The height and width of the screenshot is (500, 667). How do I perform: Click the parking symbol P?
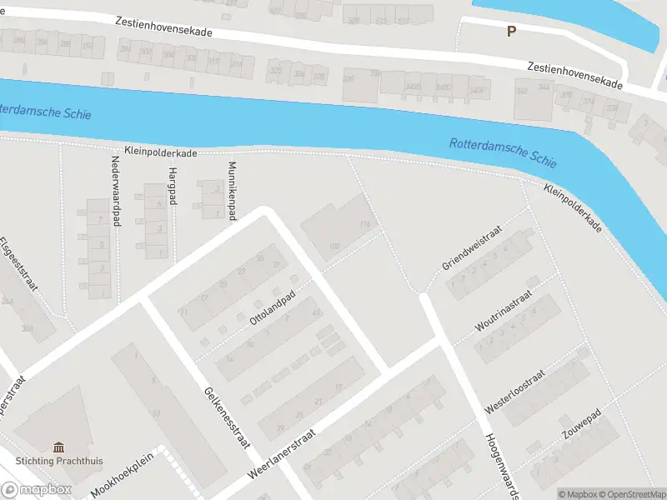point(511,31)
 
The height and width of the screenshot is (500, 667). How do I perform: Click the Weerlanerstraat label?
point(283,455)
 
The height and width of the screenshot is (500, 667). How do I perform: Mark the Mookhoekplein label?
point(123,475)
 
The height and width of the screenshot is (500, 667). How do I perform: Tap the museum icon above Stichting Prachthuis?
point(58,447)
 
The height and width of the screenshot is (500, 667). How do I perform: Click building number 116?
point(364,225)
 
